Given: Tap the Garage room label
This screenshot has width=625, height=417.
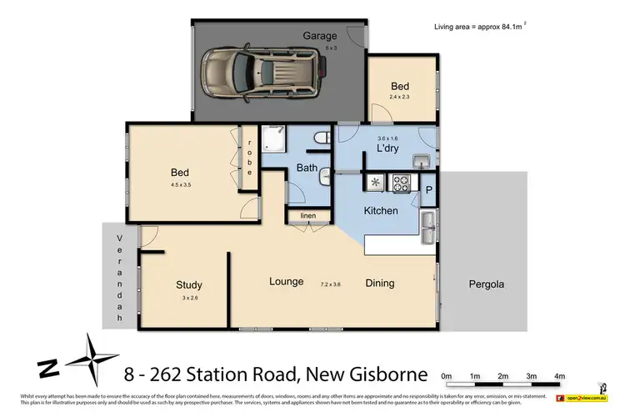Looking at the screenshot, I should (x=320, y=36).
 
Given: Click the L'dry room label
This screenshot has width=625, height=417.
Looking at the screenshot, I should (x=388, y=148).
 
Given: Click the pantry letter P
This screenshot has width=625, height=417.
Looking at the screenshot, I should (x=429, y=189).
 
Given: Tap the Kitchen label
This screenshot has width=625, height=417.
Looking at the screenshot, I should (x=380, y=211).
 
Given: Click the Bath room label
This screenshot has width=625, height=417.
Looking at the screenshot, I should (x=307, y=169).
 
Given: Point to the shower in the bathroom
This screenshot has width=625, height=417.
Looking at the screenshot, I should (x=272, y=144).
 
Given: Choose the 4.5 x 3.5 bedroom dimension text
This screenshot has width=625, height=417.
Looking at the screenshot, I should (x=181, y=186).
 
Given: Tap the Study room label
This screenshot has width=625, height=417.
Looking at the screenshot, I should (x=188, y=284).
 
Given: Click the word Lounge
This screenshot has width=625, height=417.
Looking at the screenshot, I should (x=286, y=282).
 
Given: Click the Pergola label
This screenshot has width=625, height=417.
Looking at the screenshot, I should (x=482, y=284).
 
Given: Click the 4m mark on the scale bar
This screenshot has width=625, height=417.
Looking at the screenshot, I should (x=559, y=376).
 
